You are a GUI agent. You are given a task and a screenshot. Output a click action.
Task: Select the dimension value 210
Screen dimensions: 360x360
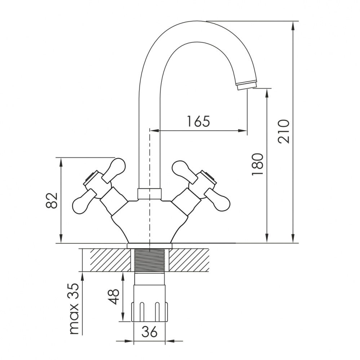(x=283, y=131)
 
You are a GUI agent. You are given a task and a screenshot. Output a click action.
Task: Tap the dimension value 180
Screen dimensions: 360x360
(x=257, y=164)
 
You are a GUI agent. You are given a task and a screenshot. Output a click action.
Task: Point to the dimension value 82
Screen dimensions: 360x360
(x=51, y=200)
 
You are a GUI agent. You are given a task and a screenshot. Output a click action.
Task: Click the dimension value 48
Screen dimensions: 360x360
(x=114, y=297)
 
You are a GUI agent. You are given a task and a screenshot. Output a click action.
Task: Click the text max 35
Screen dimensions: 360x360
(x=74, y=309)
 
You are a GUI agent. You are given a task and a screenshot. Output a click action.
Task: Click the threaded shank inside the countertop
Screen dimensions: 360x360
(x=149, y=260)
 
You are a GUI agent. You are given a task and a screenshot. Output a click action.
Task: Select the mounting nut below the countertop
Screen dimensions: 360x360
(x=149, y=312)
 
